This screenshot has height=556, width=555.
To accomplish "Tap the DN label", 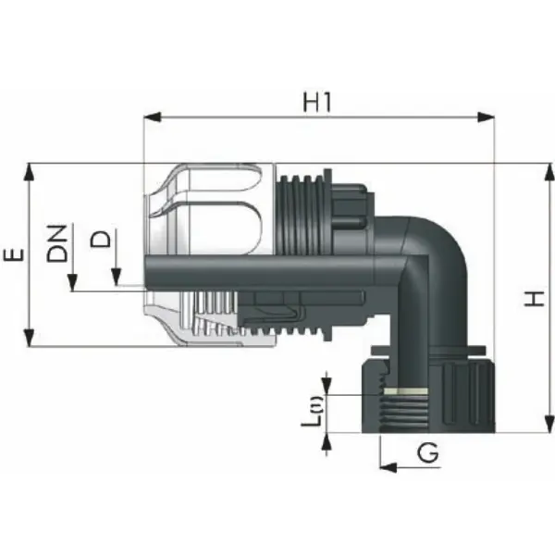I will click(x=56, y=243).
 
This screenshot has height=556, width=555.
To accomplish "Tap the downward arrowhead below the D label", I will click(x=117, y=278).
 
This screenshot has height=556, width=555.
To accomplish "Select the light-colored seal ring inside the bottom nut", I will click(x=405, y=393).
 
